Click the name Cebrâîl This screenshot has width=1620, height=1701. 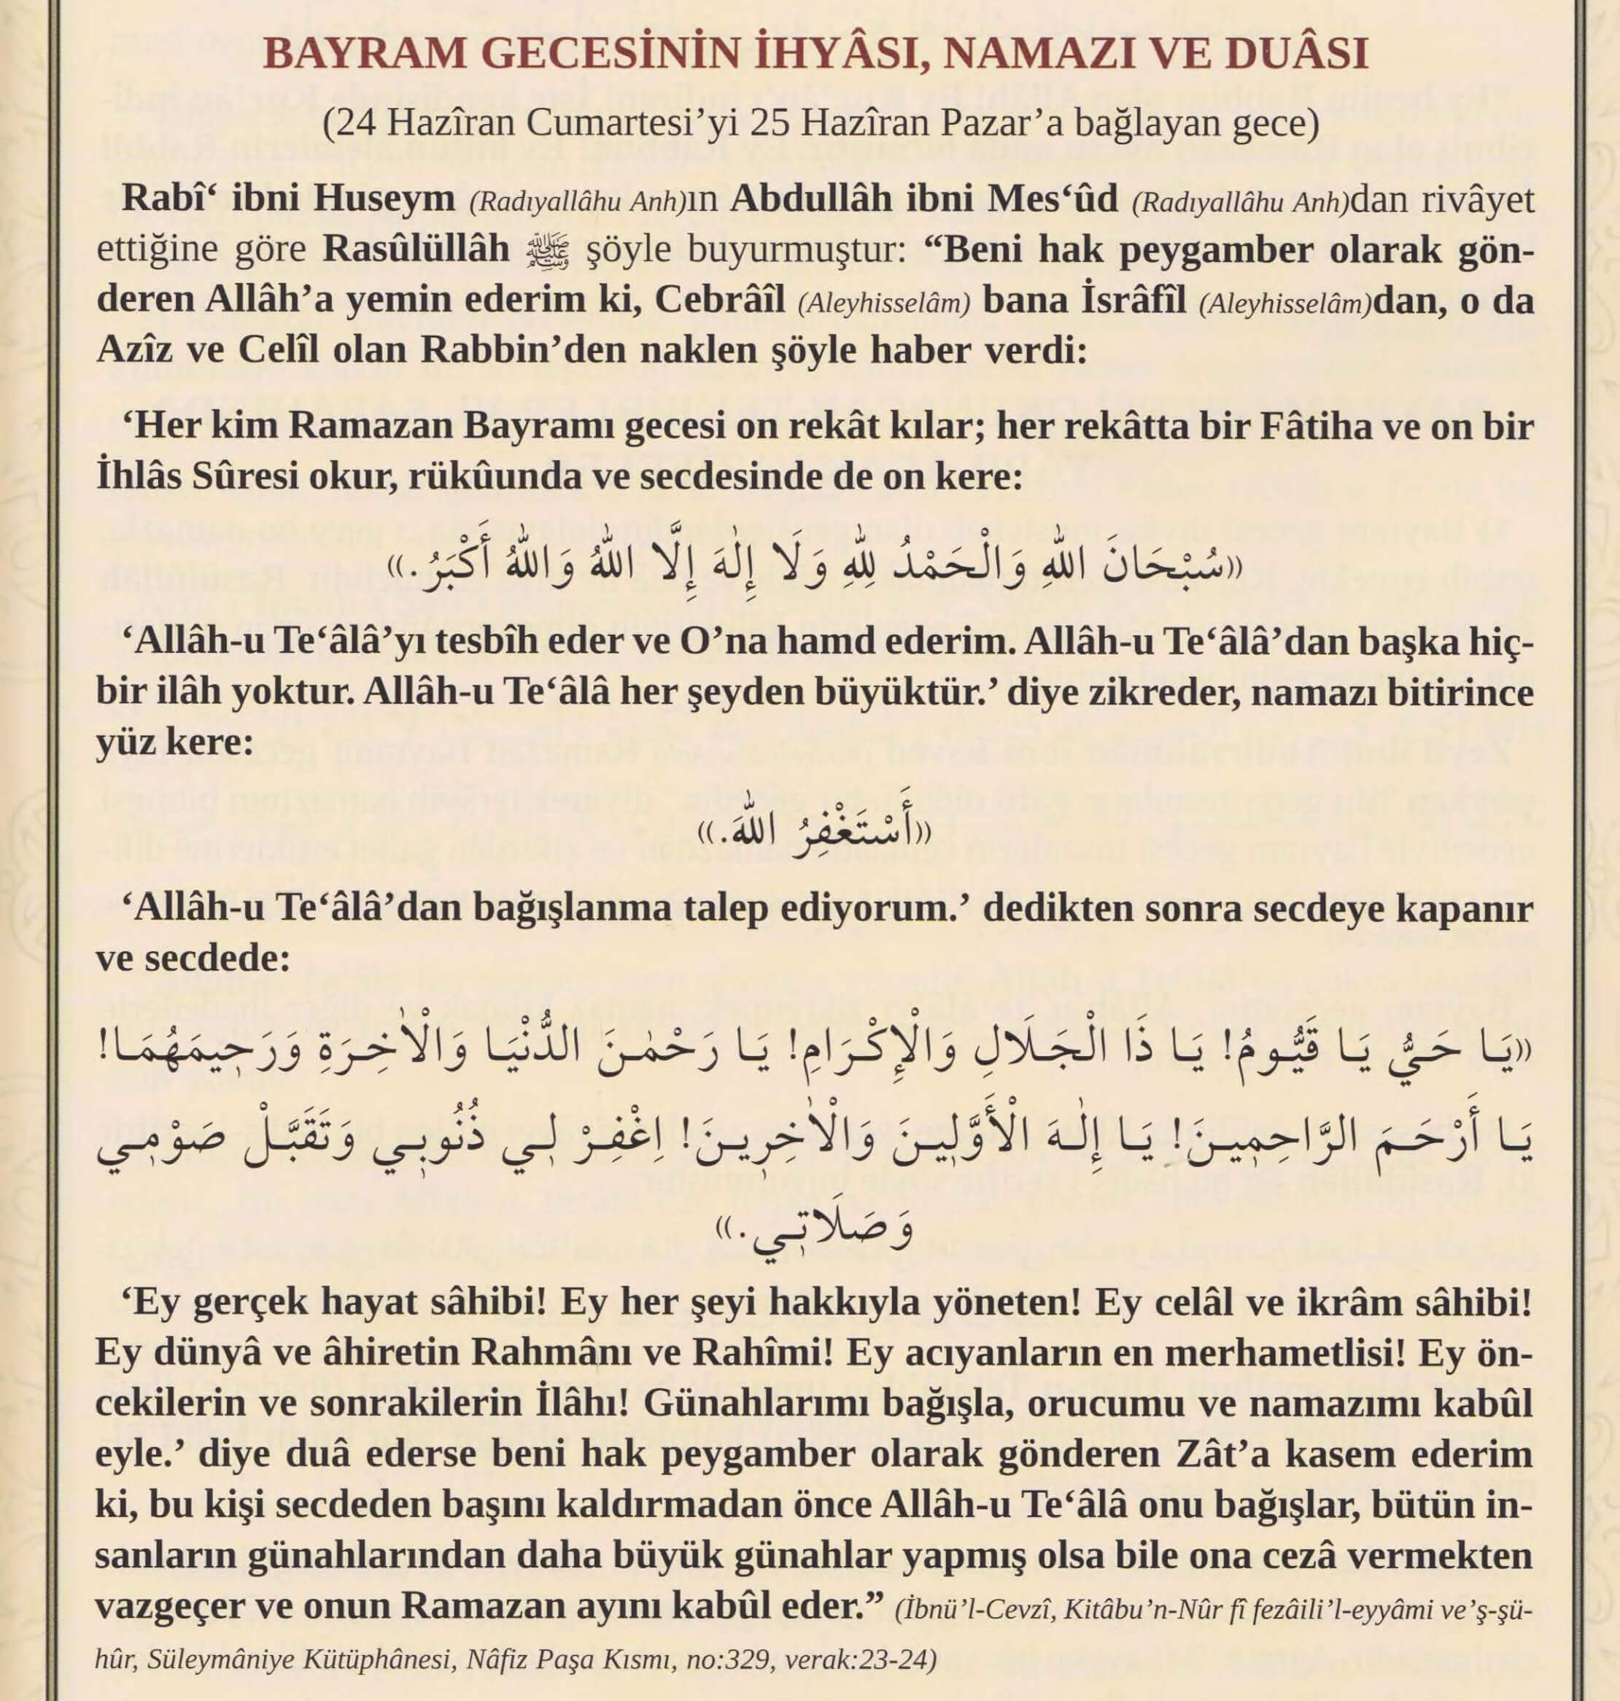coord(719,301)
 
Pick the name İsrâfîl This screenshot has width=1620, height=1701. coord(1133,301)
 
